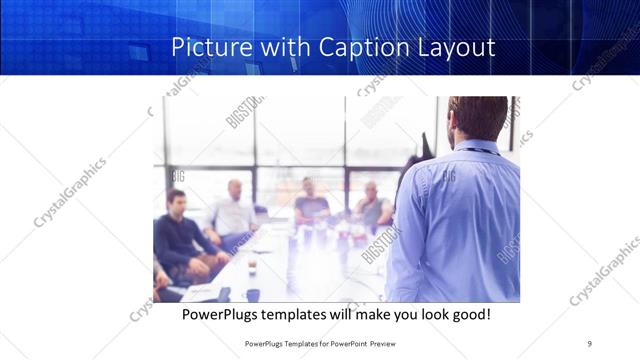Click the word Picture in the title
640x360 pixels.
[205, 47]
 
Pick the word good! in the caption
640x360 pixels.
[468, 314]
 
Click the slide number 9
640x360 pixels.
[589, 342]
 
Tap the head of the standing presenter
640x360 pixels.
[478, 118]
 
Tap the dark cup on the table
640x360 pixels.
[252, 294]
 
